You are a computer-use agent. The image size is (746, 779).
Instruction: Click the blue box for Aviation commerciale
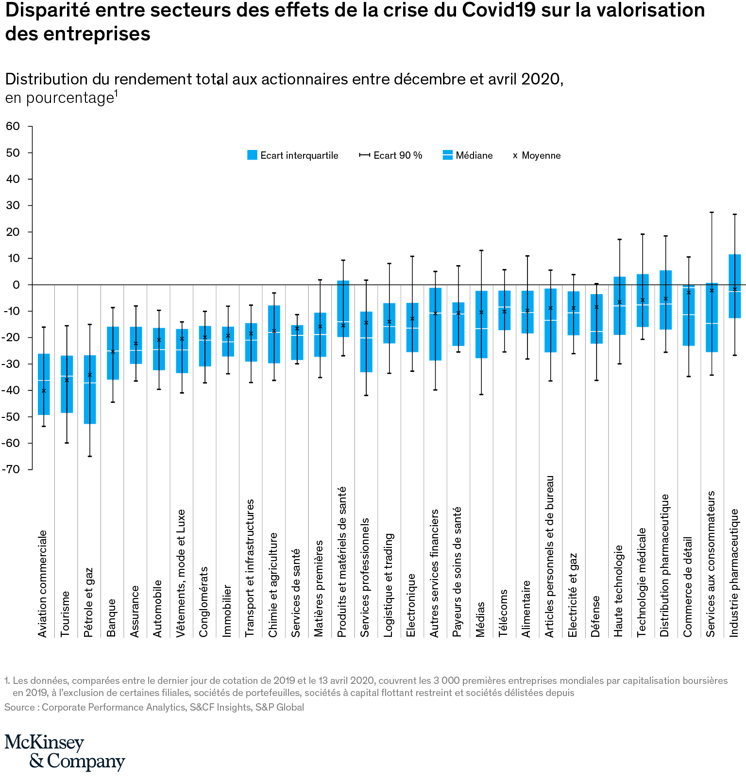click(44, 384)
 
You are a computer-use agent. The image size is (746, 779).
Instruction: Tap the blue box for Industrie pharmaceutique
click(735, 286)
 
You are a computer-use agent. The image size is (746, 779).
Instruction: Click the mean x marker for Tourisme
click(67, 380)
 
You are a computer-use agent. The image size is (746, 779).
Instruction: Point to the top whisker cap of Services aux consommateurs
click(712, 212)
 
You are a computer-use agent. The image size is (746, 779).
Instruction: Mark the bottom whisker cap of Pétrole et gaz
click(90, 456)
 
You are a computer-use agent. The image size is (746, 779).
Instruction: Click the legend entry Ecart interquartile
click(292, 155)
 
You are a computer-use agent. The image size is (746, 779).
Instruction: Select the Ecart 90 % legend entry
click(390, 155)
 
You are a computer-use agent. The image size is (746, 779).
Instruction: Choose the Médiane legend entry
click(468, 155)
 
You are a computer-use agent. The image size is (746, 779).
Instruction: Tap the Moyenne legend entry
click(537, 155)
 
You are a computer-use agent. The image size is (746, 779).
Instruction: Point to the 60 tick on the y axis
click(13, 127)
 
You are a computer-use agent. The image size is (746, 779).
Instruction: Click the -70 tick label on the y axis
click(11, 469)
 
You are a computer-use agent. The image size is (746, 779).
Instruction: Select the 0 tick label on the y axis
click(17, 285)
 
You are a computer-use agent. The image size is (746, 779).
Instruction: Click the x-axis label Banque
click(112, 617)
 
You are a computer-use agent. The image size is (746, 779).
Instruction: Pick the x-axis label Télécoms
click(504, 613)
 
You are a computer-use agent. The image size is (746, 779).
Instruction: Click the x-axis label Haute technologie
click(619, 591)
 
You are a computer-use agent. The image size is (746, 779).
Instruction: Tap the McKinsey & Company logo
click(65, 752)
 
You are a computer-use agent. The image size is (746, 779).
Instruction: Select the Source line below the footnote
click(154, 707)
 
